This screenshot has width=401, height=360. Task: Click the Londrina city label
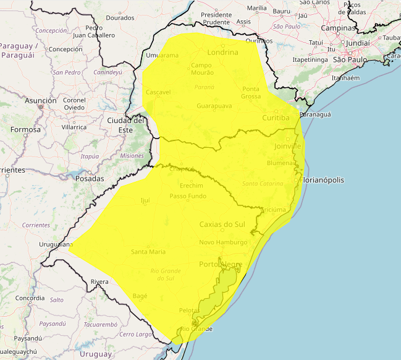(223, 52)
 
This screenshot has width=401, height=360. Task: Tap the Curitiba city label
(276, 118)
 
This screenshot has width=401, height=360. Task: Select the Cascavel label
(158, 92)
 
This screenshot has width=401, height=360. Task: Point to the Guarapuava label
(214, 106)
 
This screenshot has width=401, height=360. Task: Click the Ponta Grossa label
(251, 92)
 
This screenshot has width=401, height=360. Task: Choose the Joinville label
(287, 146)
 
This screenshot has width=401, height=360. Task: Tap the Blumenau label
(282, 163)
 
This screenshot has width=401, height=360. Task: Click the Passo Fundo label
(188, 196)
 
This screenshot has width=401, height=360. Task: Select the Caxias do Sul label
(223, 224)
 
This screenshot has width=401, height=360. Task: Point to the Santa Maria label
(148, 252)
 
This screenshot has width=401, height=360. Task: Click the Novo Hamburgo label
(223, 242)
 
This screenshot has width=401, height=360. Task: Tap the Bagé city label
(140, 296)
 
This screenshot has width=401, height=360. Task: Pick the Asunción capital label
(41, 100)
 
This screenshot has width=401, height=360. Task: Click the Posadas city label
(89, 178)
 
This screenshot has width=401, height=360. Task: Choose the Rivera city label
(99, 281)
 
